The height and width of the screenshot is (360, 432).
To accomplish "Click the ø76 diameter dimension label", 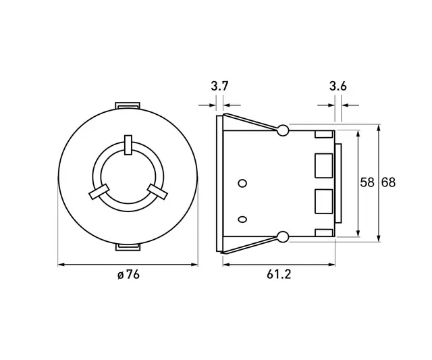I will pyautogui.click(x=128, y=275).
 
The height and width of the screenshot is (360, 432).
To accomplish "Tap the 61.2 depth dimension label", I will pyautogui.click(x=279, y=275).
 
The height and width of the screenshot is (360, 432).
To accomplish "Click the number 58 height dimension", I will pyautogui.click(x=367, y=182).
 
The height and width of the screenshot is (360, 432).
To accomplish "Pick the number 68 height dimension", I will pyautogui.click(x=388, y=182).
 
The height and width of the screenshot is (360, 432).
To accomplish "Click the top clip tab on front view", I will pyautogui.click(x=128, y=105).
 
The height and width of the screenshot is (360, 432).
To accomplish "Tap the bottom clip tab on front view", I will pyautogui.click(x=128, y=247).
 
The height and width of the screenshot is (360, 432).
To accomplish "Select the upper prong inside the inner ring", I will pyautogui.click(x=128, y=145).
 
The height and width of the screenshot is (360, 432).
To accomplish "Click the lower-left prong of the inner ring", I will pyautogui.click(x=98, y=192).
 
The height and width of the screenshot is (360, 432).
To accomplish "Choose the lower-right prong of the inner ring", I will pyautogui.click(x=157, y=192).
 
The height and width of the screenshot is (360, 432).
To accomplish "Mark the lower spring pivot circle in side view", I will pyautogui.click(x=283, y=236).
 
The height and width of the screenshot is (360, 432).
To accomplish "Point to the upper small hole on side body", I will pyautogui.click(x=243, y=183).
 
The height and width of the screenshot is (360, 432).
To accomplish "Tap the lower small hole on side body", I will pyautogui.click(x=243, y=217).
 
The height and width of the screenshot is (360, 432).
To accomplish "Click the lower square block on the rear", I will pyautogui.click(x=324, y=201).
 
